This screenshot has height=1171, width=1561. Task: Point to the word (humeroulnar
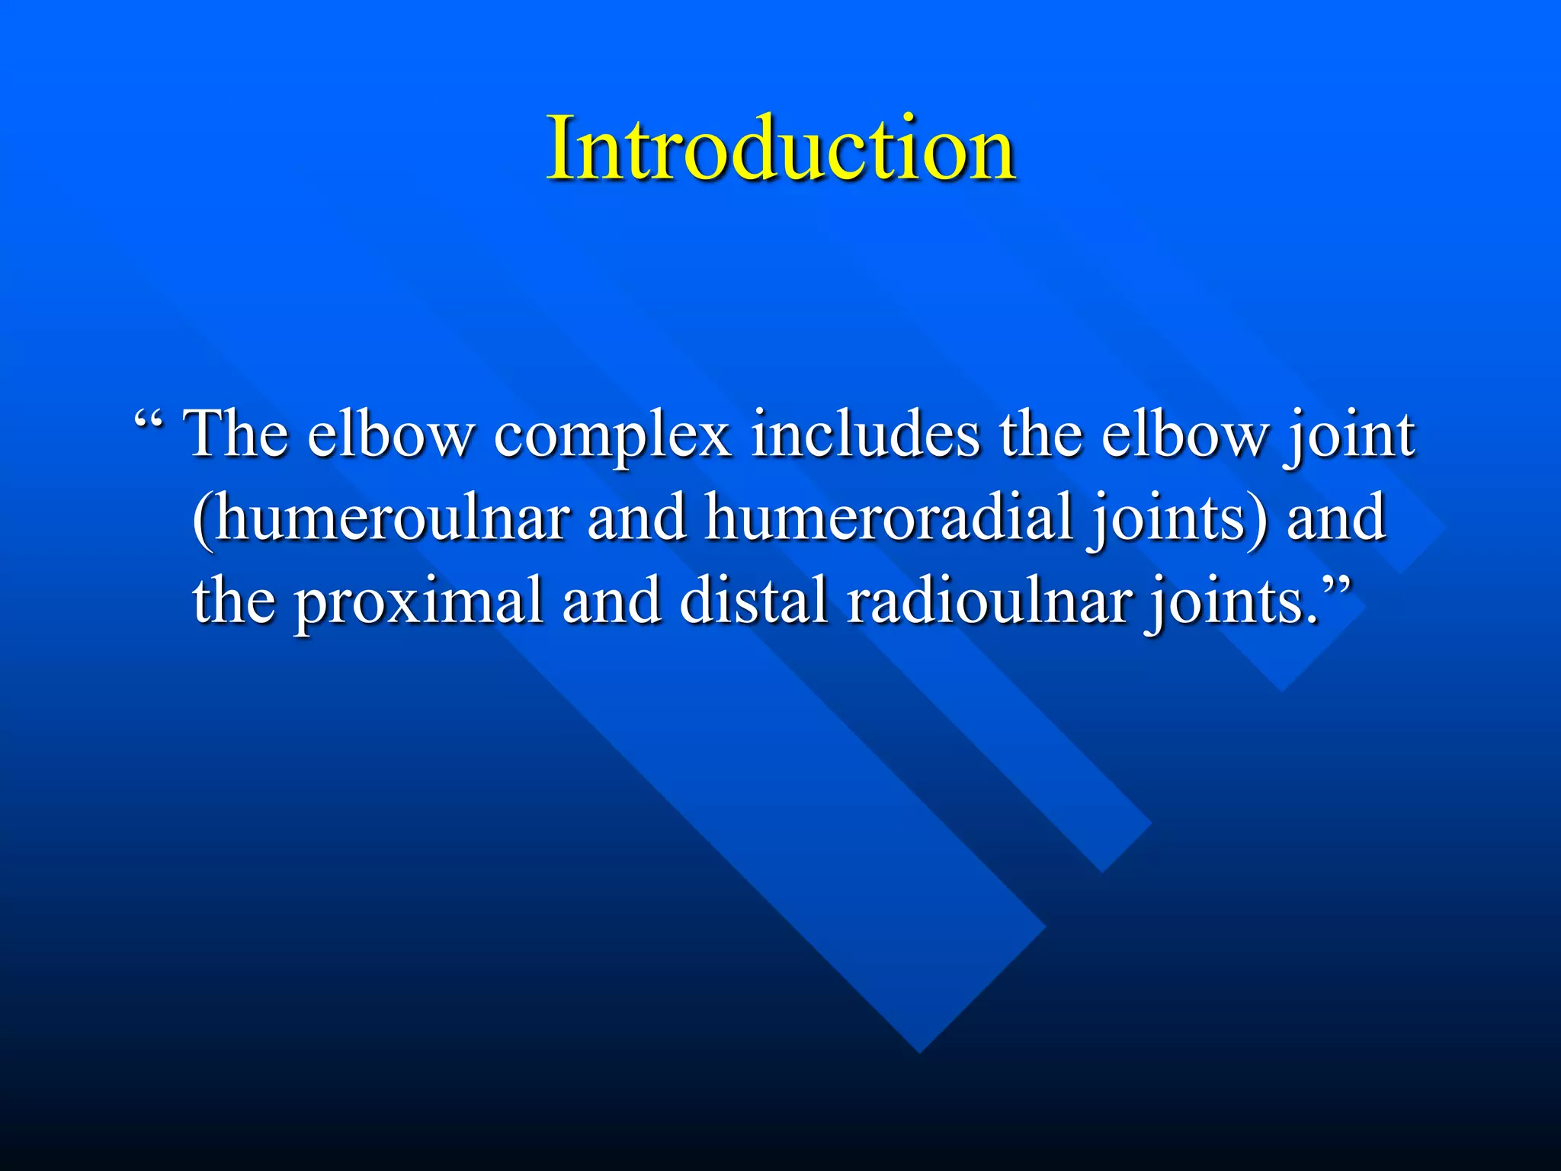tap(380, 517)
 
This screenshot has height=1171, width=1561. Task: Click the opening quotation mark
tap(149, 423)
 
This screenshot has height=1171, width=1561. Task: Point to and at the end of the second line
tap(1335, 517)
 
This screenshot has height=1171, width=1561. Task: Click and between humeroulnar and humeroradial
tap(636, 517)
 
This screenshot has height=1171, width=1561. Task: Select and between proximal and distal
tap(611, 600)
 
